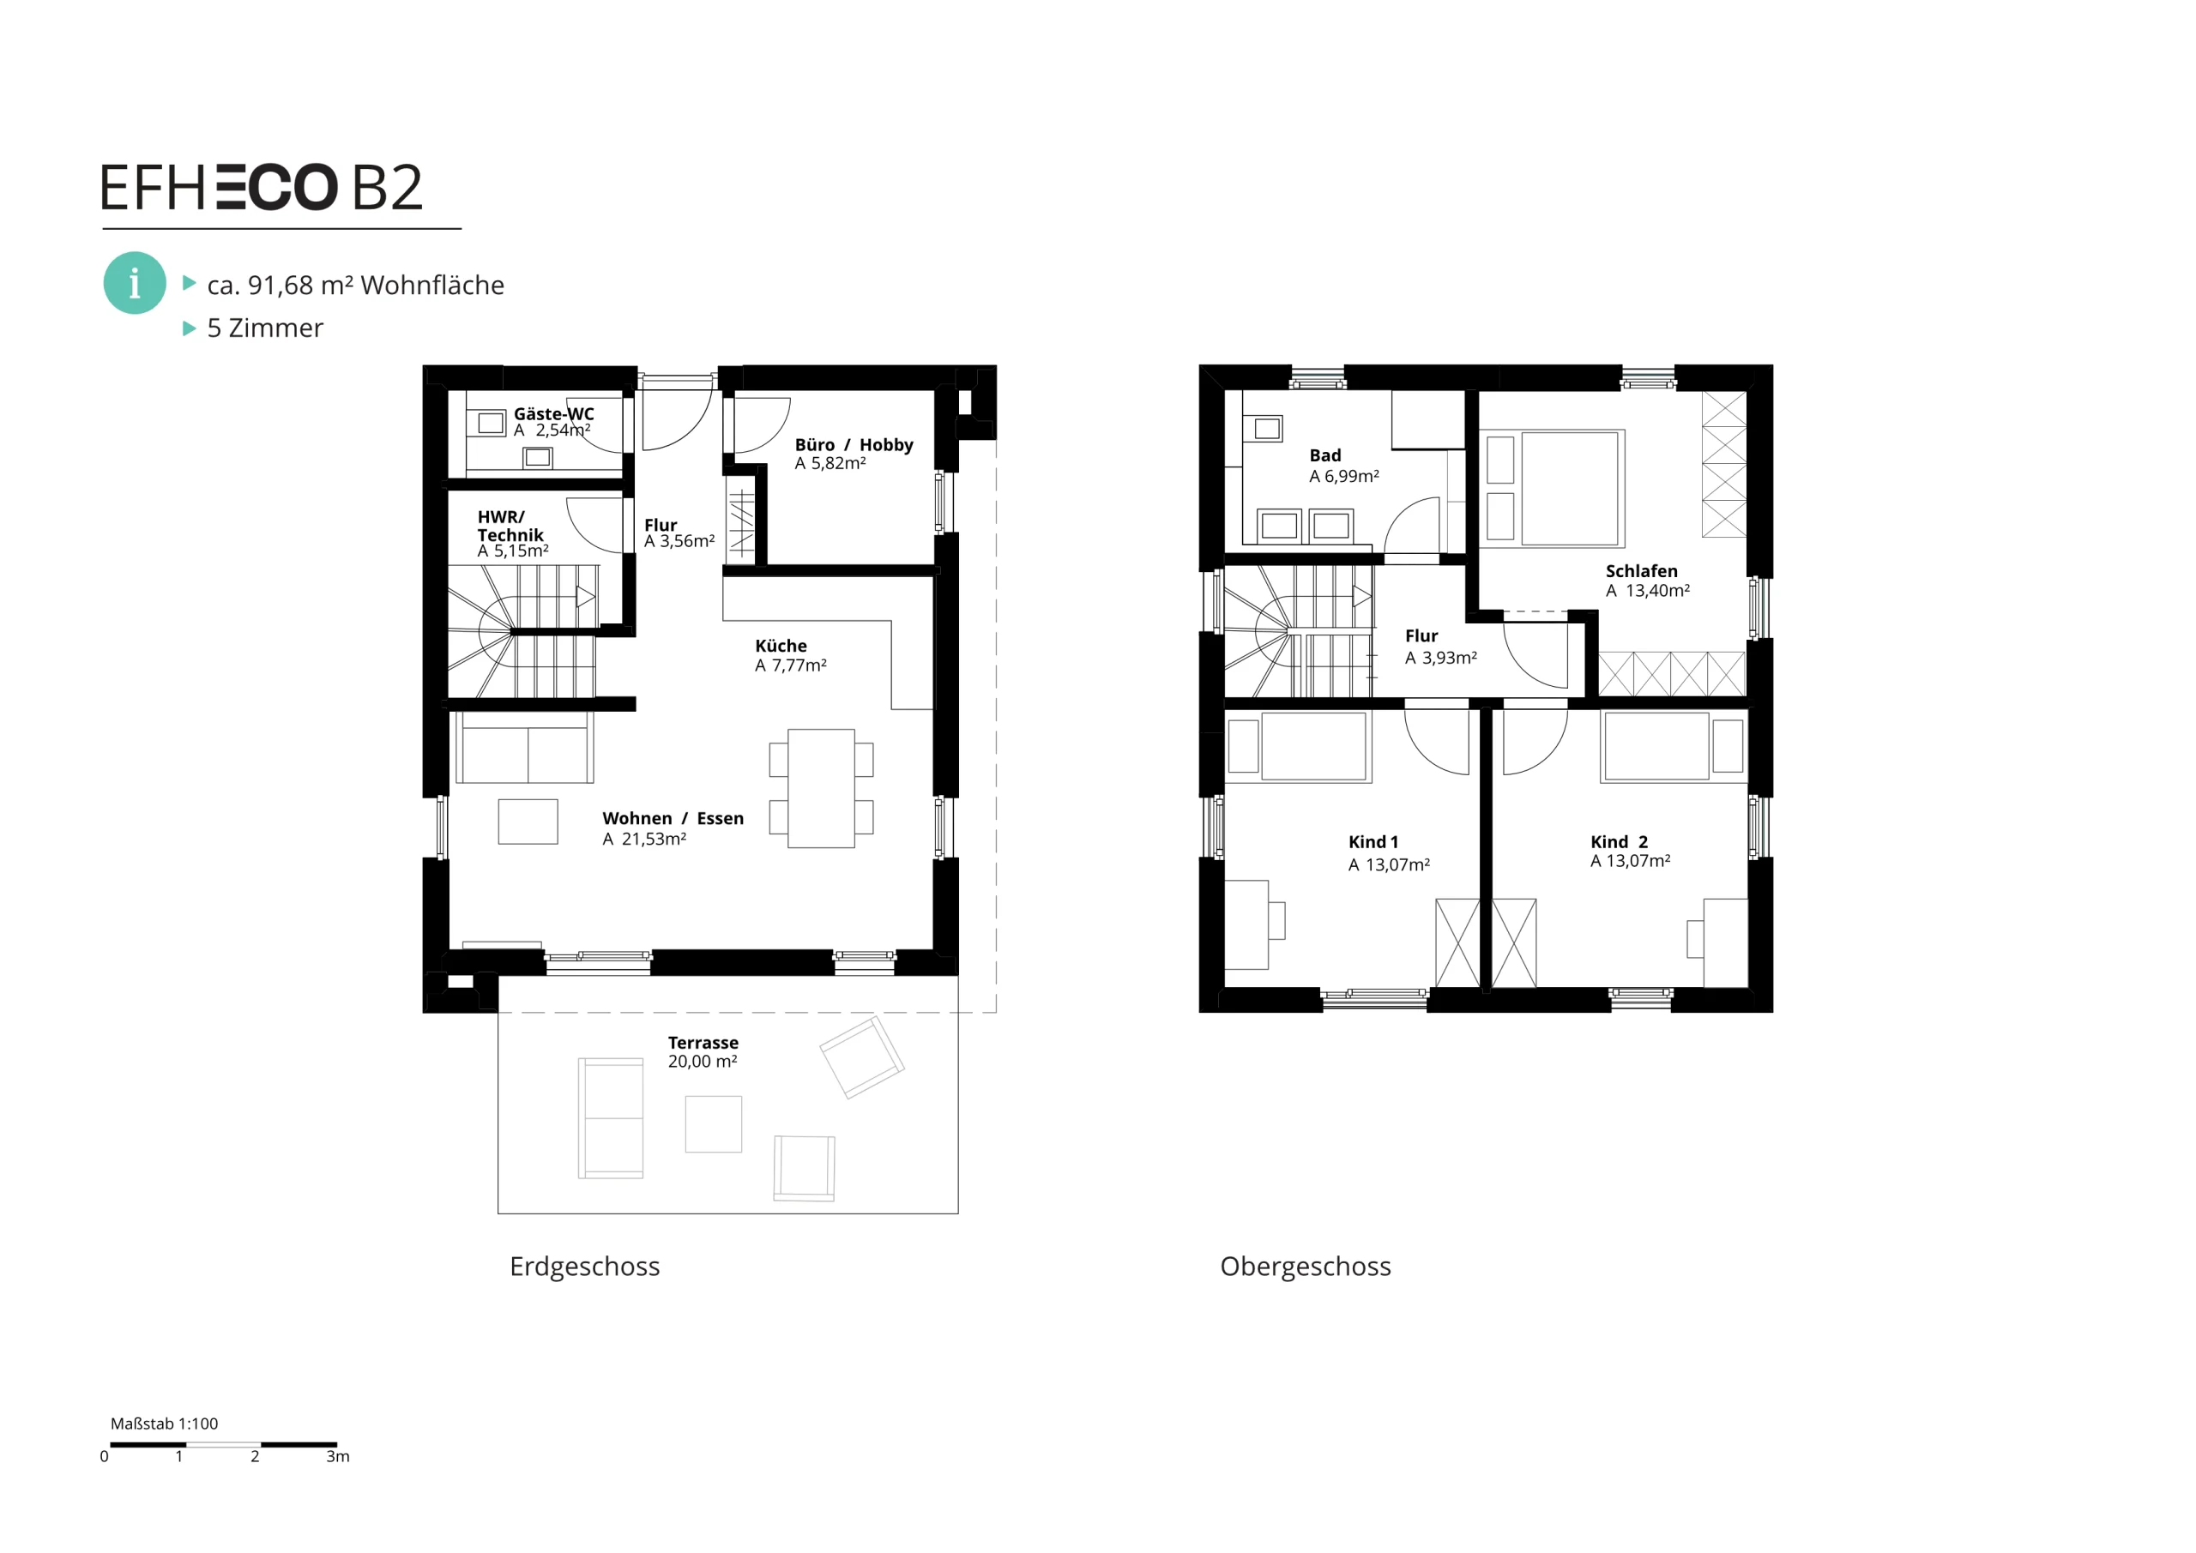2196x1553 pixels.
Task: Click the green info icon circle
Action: click(x=135, y=283)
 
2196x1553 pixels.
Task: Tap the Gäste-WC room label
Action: click(x=554, y=414)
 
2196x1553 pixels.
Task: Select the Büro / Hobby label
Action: click(x=854, y=445)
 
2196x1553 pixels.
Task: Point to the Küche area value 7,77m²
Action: click(x=799, y=665)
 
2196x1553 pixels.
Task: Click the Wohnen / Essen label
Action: click(x=673, y=819)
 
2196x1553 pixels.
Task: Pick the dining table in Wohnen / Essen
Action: click(x=821, y=788)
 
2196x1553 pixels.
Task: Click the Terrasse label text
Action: click(x=703, y=1043)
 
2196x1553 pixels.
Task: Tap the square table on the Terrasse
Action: click(x=714, y=1123)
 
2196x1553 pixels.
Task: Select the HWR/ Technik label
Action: click(x=510, y=526)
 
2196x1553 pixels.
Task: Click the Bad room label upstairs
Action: click(x=1324, y=455)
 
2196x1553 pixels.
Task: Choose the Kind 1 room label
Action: click(x=1373, y=842)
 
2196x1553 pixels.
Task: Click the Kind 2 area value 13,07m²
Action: click(x=1638, y=862)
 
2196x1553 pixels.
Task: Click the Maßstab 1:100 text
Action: click(x=165, y=1423)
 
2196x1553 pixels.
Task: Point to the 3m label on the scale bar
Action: click(x=338, y=1456)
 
